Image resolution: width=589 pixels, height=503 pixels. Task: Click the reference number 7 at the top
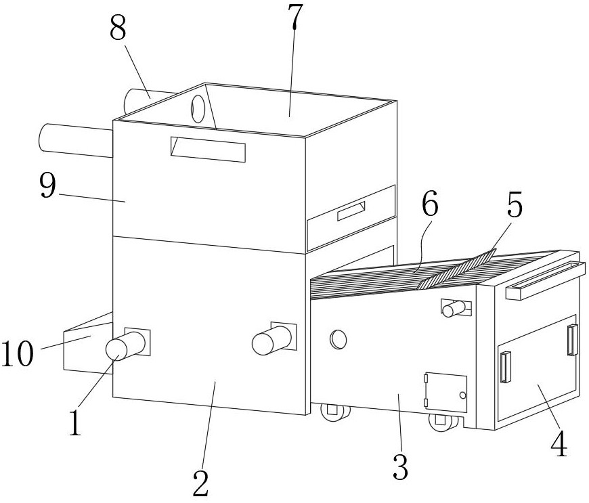(295, 18)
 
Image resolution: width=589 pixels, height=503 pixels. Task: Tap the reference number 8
(118, 28)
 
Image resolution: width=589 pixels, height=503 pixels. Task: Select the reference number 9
(47, 186)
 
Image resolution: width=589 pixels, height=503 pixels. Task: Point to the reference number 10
(18, 353)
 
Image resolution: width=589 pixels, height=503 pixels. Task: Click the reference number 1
(75, 422)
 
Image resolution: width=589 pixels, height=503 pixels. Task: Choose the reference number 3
(400, 466)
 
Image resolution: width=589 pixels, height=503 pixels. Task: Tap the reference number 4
(559, 444)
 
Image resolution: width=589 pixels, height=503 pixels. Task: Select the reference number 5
(515, 205)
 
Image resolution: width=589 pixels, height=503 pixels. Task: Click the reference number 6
(430, 204)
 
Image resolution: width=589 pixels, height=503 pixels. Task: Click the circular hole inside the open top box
(198, 109)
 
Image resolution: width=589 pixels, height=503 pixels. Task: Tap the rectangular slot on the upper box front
(208, 149)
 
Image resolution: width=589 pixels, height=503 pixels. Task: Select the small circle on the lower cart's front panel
(339, 339)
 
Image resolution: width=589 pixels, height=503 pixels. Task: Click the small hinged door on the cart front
(445, 393)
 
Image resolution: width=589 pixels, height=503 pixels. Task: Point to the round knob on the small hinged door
(462, 395)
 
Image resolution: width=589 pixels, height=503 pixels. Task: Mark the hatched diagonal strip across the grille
(456, 269)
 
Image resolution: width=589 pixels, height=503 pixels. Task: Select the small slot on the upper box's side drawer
(351, 211)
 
